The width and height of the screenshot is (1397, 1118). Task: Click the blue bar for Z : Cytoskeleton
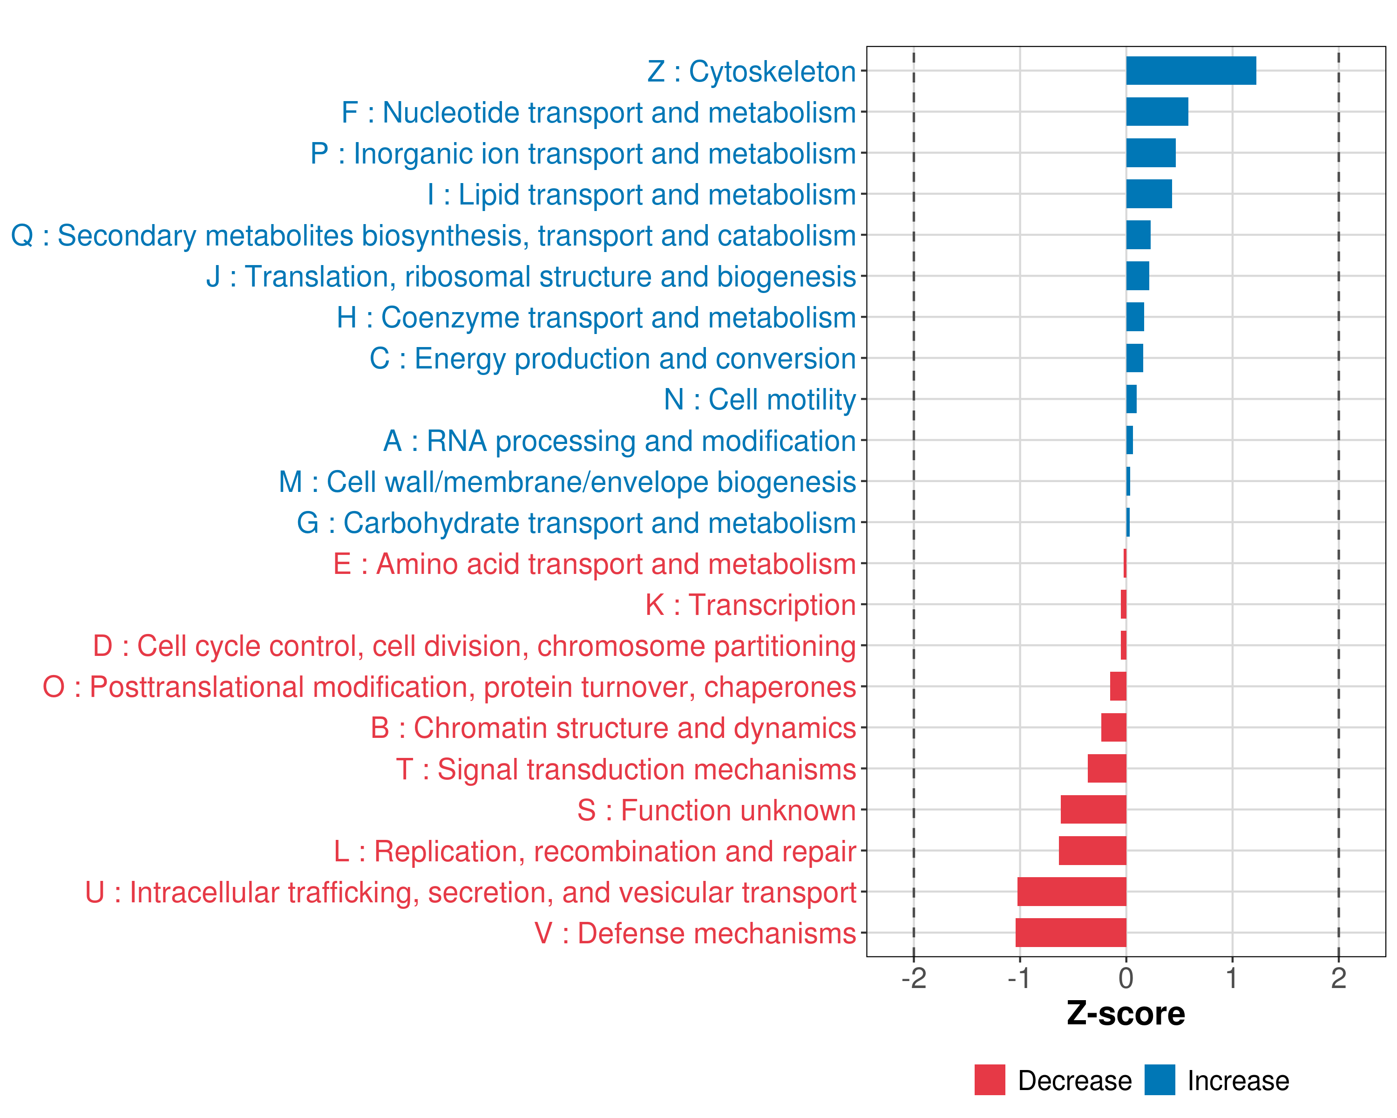1191,71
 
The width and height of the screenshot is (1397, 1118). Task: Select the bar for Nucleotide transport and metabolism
1157,111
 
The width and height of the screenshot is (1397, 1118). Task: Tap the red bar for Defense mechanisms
1071,933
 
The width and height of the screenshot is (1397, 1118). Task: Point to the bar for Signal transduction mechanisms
1107,769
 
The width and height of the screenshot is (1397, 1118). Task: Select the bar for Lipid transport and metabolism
1149,194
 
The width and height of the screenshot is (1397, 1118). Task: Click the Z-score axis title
1126,1014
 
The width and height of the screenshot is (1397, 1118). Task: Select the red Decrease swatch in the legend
990,1080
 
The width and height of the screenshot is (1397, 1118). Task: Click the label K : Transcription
750,605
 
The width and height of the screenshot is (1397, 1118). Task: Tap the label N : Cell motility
760,399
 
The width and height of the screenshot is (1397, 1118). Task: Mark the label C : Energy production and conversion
612,358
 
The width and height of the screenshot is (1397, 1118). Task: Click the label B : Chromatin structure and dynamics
613,728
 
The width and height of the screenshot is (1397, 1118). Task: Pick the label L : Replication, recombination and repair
595,851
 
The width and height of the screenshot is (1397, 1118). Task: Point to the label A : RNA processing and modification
619,441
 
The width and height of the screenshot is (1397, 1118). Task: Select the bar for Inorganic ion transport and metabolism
1151,153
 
